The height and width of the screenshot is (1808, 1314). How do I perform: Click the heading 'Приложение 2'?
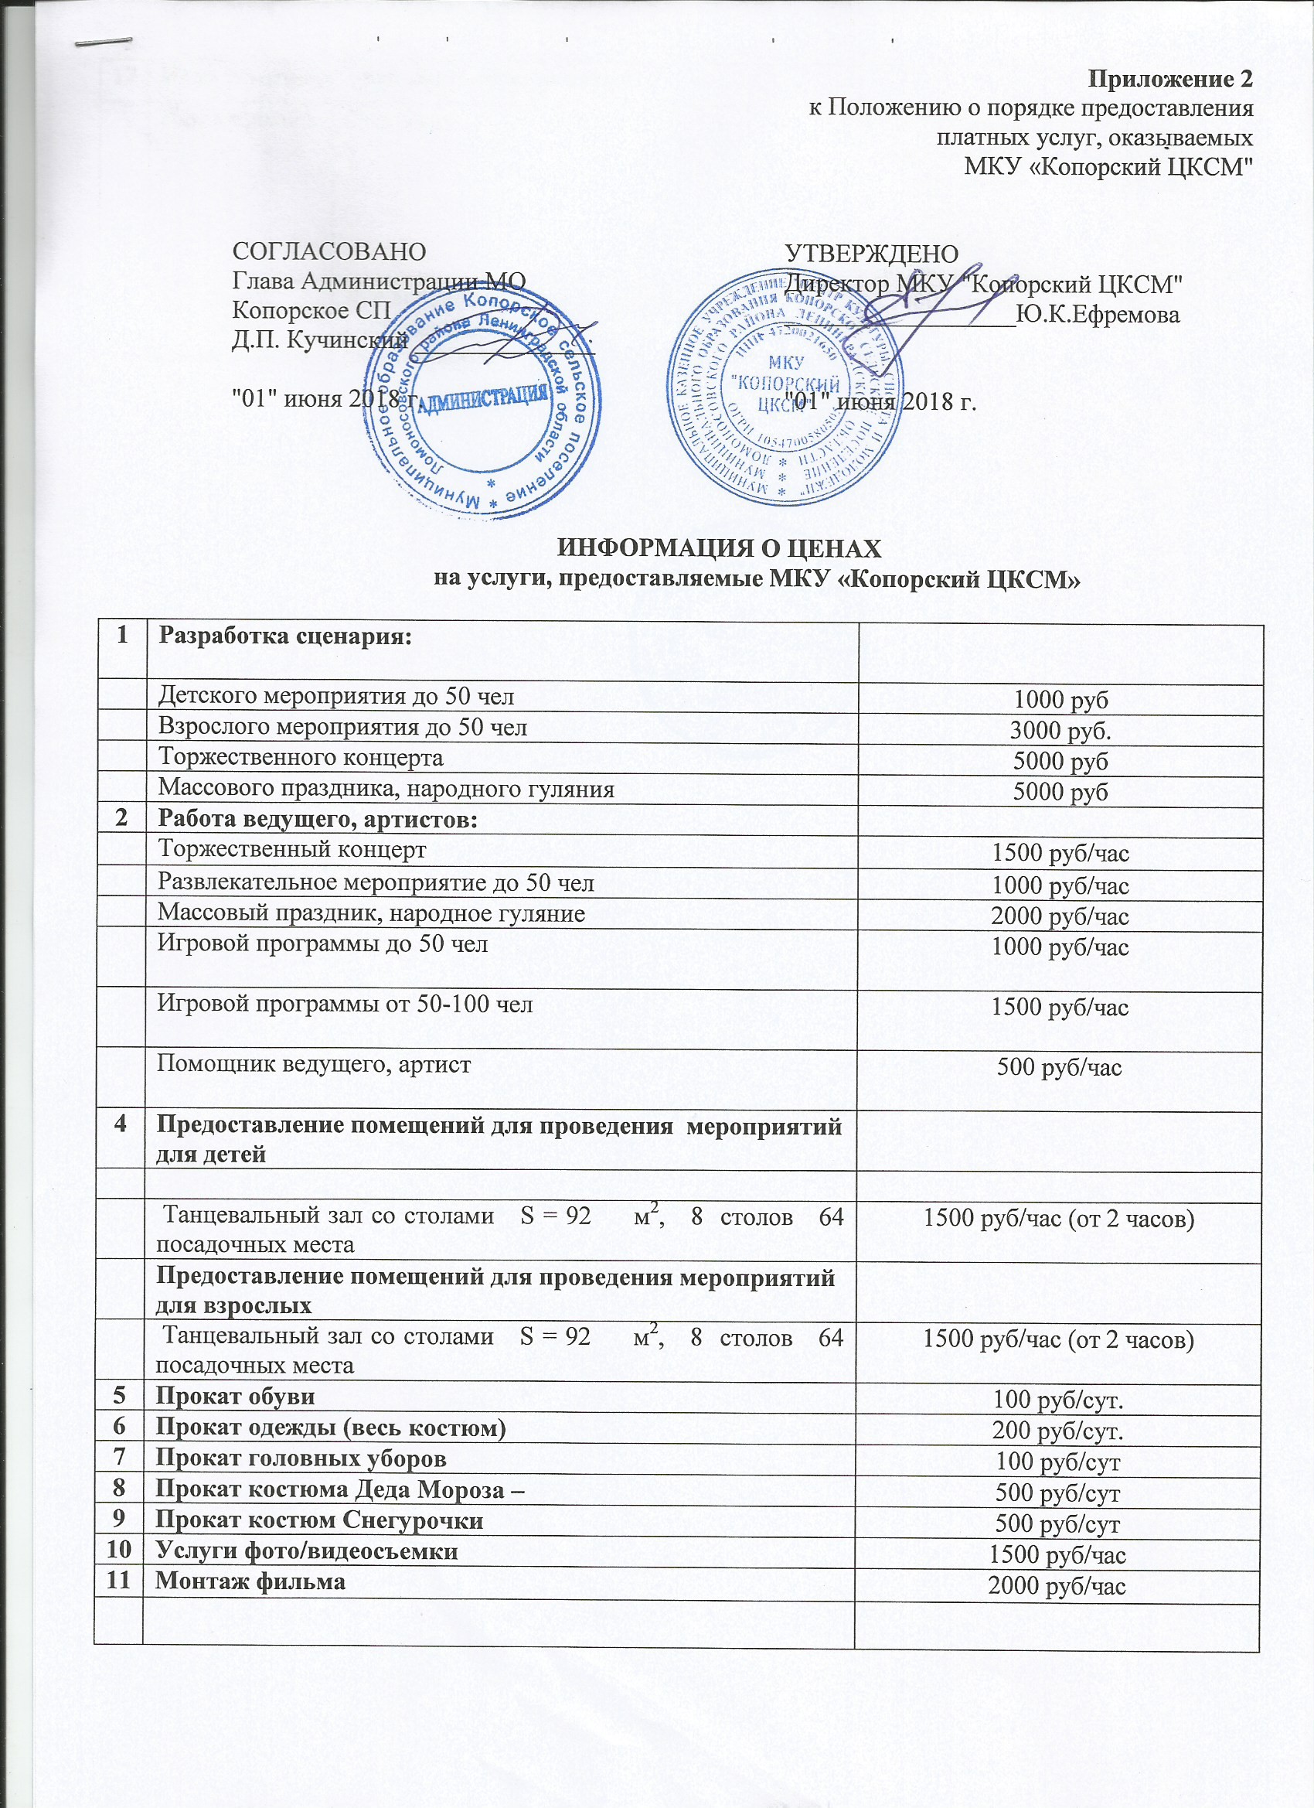(x=1170, y=80)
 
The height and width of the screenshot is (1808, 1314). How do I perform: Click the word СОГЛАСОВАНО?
(x=328, y=251)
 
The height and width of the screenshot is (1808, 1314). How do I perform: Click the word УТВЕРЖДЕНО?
(x=872, y=254)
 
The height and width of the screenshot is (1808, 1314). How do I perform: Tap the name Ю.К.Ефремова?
(x=1099, y=315)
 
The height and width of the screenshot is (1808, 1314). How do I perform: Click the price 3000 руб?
(x=1060, y=731)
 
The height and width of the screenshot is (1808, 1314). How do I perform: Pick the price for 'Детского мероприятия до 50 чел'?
(x=1060, y=700)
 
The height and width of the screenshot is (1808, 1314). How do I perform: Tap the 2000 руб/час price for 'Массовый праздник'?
(x=1060, y=916)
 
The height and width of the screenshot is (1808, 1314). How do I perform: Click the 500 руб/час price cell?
(x=1060, y=1067)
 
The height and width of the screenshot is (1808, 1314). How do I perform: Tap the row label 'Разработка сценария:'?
(x=285, y=637)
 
